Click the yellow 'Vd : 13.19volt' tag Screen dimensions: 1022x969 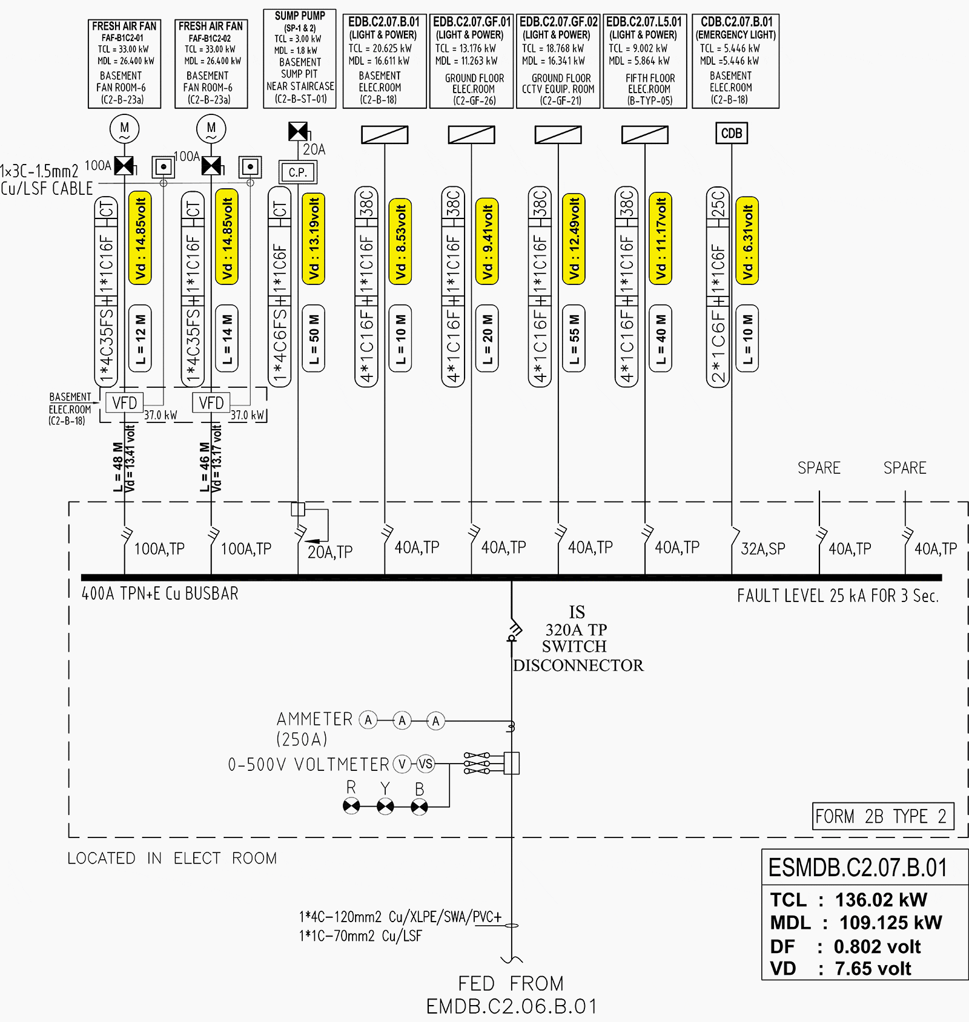pos(313,239)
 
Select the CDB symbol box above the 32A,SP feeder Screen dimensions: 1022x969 pos(731,133)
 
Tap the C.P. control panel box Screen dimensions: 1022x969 pos(297,172)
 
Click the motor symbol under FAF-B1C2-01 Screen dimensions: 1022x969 pos(124,128)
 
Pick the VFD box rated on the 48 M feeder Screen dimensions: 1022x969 pos(124,403)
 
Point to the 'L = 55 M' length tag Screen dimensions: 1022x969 pos(574,339)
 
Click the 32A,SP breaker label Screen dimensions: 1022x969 pos(763,549)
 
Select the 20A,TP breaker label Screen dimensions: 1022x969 pos(330,552)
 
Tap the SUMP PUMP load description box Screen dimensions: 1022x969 pos(300,59)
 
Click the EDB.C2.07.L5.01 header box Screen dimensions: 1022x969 pos(644,61)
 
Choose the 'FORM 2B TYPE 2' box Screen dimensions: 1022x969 pos(882,817)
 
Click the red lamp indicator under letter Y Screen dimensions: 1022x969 pos(385,807)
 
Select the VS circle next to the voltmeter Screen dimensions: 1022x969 pos(426,764)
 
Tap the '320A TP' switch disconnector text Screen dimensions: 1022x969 pos(576,630)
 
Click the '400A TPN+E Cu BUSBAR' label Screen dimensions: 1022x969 pos(160,594)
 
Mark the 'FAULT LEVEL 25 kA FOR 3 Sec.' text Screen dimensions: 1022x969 pos(838,596)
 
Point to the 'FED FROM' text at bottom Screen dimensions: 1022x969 pos(511,983)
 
